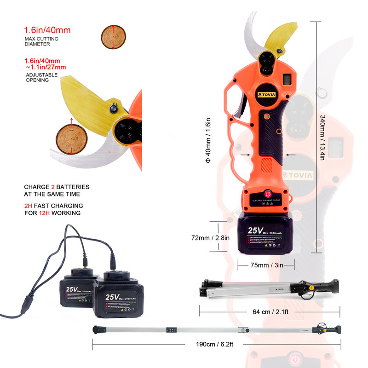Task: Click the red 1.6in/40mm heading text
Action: click(47, 31)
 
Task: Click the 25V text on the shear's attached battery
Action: click(255, 230)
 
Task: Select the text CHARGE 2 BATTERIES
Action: click(57, 187)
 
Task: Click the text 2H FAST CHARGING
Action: click(53, 206)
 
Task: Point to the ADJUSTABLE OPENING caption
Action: click(41, 77)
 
